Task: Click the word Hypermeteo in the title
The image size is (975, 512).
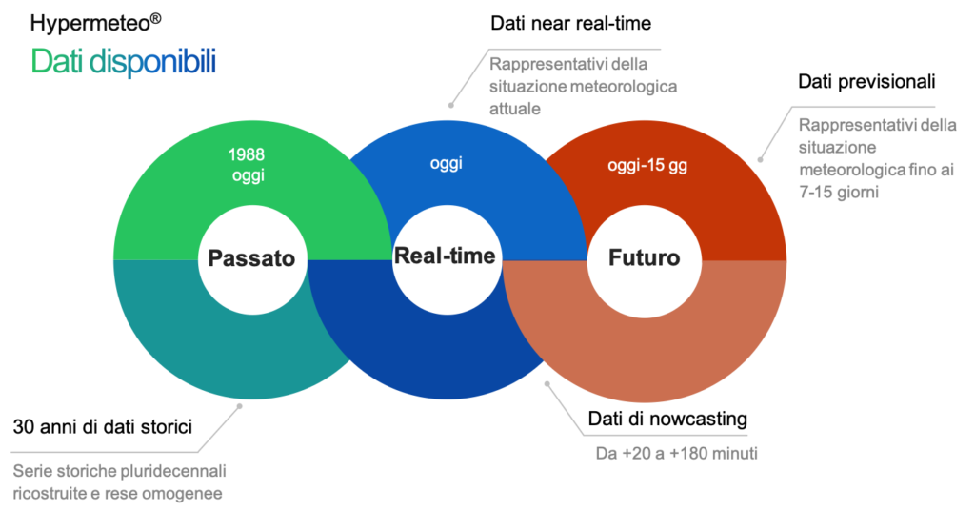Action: click(90, 24)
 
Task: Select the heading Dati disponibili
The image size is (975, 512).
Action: click(123, 61)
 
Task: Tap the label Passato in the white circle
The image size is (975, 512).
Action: click(251, 257)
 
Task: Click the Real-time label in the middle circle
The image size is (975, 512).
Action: click(445, 256)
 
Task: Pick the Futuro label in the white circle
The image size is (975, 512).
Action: click(645, 257)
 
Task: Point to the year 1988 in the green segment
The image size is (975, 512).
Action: click(247, 154)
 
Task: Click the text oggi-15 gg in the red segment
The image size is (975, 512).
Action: click(647, 166)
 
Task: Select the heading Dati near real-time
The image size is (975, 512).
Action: click(571, 23)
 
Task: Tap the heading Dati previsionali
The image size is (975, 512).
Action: click(866, 81)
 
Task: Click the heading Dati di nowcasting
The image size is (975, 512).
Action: click(667, 419)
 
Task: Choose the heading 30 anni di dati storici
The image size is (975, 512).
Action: click(103, 427)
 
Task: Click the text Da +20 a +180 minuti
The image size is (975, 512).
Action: click(677, 453)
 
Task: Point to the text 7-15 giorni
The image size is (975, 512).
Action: click(839, 192)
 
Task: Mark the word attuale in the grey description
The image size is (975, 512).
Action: click(515, 109)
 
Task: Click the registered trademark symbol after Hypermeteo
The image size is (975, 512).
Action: click(155, 19)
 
